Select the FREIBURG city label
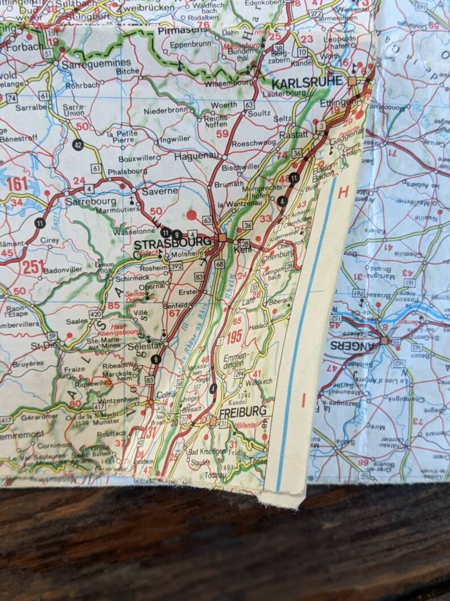point(243,410)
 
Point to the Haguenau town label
point(196,155)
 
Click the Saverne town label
point(160,191)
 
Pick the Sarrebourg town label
point(91,201)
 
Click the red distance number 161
point(18,184)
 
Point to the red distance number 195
point(234,335)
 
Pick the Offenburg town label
point(278,253)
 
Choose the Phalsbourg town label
point(129,170)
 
